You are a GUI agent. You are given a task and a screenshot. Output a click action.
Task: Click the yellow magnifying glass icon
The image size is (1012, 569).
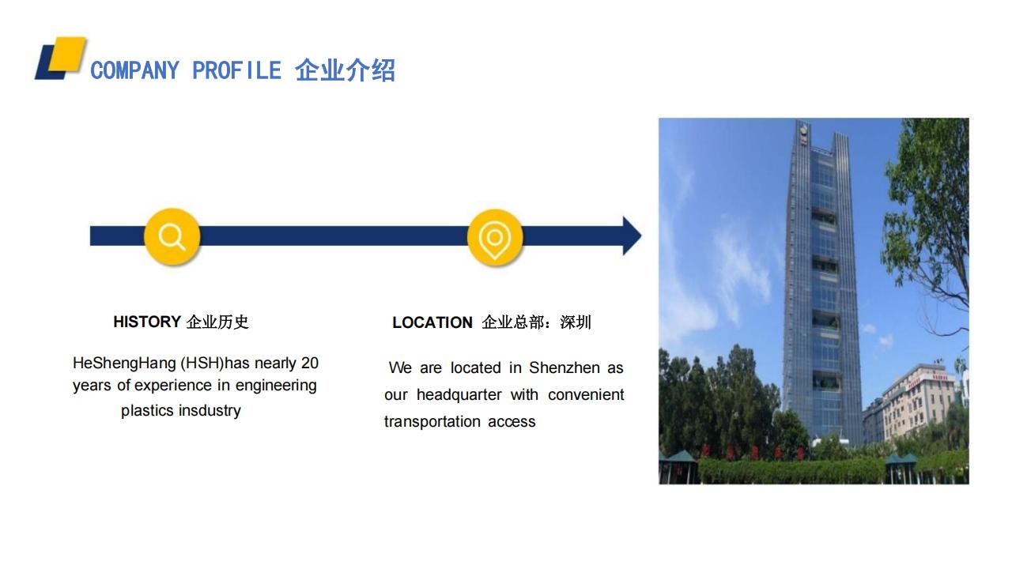[x=172, y=236]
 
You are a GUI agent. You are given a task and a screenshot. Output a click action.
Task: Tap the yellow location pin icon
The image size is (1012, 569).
[x=495, y=238]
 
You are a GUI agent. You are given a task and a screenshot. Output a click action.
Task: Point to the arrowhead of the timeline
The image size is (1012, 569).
[x=632, y=236]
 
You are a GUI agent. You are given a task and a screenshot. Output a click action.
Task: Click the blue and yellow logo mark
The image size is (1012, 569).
[x=61, y=58]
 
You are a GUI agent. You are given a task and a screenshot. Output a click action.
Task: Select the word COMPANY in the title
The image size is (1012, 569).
[x=134, y=71]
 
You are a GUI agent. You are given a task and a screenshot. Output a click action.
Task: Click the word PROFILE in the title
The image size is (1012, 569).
[x=236, y=71]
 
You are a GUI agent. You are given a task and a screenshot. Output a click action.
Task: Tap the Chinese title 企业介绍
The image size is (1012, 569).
[x=346, y=70]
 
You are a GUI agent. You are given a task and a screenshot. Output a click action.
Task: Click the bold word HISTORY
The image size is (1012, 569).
[x=147, y=322]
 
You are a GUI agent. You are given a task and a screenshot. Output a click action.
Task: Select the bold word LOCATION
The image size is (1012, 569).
[x=432, y=322]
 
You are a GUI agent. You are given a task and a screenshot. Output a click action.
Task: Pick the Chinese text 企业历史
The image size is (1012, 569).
[x=217, y=322]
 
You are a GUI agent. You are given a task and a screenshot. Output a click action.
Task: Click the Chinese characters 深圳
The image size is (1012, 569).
[x=575, y=322]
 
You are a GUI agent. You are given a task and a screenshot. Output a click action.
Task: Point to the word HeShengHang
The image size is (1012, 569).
[x=124, y=363]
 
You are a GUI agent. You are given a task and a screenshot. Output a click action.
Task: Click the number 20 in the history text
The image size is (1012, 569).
[x=310, y=363]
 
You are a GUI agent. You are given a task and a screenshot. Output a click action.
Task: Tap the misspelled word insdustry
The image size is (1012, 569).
[x=210, y=410]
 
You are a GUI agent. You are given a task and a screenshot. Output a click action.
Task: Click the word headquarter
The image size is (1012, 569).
[x=459, y=394]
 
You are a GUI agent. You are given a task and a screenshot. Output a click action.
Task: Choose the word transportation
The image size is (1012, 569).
[x=432, y=422]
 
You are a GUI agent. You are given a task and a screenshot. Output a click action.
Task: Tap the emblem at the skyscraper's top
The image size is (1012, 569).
[x=802, y=132]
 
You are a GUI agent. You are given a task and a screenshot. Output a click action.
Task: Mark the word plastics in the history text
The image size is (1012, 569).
[x=147, y=410]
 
